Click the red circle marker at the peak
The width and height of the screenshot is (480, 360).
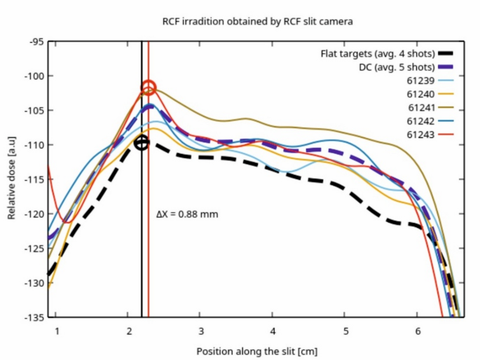(x=149, y=88)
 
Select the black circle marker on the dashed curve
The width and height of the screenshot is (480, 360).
(x=142, y=143)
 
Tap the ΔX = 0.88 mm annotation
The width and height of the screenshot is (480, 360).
(x=186, y=214)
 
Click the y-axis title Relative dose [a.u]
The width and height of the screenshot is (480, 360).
(x=12, y=179)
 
